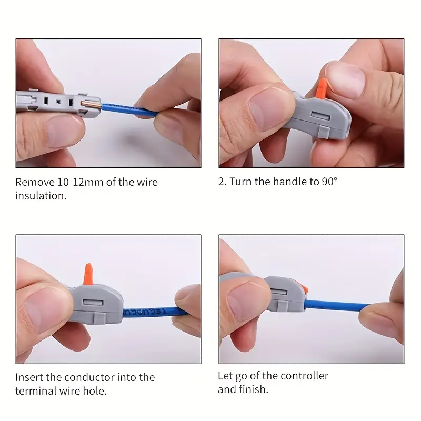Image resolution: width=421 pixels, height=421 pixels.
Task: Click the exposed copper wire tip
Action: (91, 104)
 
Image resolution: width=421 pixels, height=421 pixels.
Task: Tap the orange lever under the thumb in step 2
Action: (321, 88)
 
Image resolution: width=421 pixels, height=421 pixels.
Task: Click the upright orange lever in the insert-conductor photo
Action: (88, 274)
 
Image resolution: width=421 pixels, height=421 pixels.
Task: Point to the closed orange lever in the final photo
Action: (304, 289)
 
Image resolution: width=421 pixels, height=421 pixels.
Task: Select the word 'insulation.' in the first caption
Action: (41, 196)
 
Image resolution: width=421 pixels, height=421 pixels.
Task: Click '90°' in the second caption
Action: (329, 182)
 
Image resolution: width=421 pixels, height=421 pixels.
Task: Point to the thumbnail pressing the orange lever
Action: (345, 79)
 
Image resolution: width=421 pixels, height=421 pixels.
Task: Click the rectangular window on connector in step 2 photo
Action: (320, 116)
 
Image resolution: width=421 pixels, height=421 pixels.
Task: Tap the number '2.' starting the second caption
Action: (223, 182)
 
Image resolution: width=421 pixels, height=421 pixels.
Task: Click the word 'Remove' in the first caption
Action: (35, 182)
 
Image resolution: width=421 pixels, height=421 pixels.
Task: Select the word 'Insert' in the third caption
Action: (29, 377)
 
